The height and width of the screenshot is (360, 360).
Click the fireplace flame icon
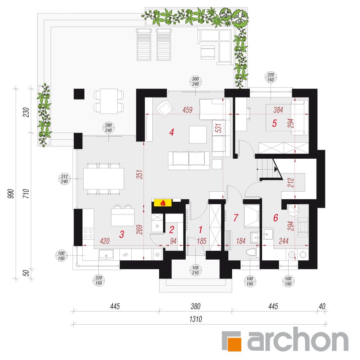[x=163, y=203]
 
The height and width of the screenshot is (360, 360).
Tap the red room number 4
[x=171, y=132]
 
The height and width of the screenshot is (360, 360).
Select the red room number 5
[x=274, y=123]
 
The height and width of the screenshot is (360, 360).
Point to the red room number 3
[x=122, y=234]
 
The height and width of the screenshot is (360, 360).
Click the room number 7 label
[x=236, y=218]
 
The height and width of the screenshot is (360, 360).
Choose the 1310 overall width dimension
[x=195, y=319]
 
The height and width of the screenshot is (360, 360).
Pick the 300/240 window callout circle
[x=195, y=81]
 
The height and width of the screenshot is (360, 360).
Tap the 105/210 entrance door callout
[x=195, y=270]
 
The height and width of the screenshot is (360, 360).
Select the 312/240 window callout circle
[x=64, y=179]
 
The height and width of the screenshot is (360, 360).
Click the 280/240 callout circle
[x=108, y=128]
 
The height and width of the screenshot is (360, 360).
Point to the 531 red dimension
[x=219, y=128]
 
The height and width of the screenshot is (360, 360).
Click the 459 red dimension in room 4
[x=187, y=110]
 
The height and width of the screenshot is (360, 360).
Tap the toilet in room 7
[x=251, y=252]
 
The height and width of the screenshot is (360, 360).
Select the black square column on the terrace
[x=79, y=94]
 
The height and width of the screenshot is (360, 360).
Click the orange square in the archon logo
[x=234, y=344]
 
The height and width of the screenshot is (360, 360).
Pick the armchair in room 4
[x=165, y=108]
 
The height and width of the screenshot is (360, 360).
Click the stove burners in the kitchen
[x=88, y=234]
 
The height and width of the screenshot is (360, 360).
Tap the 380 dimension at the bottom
[x=195, y=306]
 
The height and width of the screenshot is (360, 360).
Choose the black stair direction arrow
[x=276, y=169]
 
